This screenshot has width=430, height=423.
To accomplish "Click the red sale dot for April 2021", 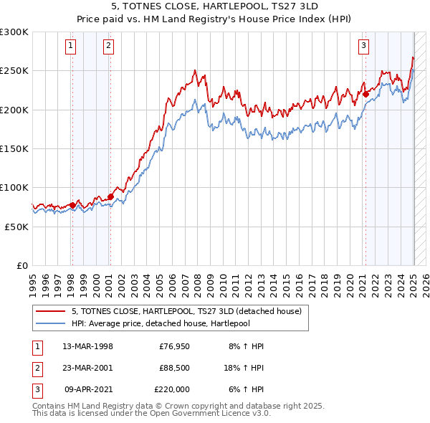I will (x=365, y=94).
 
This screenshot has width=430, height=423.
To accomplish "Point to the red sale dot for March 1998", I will (x=72, y=205).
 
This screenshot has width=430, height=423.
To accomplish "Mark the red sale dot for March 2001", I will (x=110, y=196).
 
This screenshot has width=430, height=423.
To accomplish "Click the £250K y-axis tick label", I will (x=14, y=71).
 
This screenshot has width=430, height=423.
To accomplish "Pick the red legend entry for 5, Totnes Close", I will (x=190, y=311).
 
